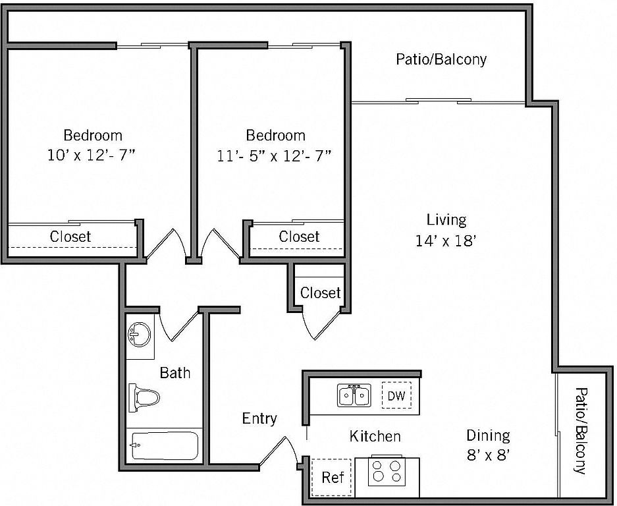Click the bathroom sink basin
[140, 335]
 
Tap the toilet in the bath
[144, 398]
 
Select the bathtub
[165, 446]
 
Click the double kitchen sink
[354, 395]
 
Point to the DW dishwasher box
[396, 395]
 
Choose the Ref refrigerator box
[332, 477]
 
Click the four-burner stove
[386, 471]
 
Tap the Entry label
[259, 418]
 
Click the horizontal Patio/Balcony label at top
[441, 59]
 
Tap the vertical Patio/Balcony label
[580, 431]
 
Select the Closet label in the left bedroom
[70, 237]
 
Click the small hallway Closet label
[320, 293]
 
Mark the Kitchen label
[375, 436]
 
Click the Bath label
[175, 372]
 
